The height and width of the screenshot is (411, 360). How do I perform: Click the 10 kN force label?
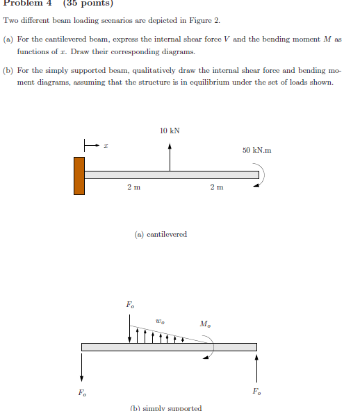click(170, 131)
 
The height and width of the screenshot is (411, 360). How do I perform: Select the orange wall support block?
click(79, 176)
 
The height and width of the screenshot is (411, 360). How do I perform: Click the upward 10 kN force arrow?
click(170, 156)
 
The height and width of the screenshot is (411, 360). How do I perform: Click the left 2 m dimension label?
click(133, 187)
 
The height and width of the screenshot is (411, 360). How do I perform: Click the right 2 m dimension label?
click(217, 187)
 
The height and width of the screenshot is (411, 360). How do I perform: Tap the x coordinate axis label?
click(106, 146)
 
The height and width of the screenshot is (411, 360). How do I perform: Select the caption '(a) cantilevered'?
click(161, 234)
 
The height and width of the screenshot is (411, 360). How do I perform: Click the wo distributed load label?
click(161, 321)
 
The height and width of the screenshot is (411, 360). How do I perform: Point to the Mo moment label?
click(205, 324)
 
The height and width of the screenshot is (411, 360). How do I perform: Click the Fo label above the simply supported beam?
click(130, 305)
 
